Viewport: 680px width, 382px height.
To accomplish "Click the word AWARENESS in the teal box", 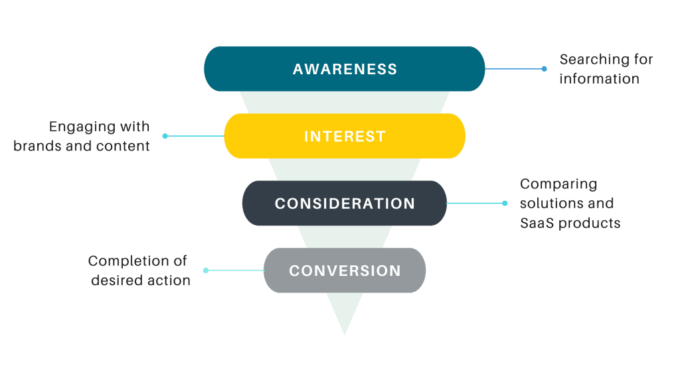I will pos(345,69).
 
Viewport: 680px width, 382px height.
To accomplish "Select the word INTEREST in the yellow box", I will pos(345,137).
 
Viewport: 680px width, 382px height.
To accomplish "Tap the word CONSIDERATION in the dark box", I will pos(345,204).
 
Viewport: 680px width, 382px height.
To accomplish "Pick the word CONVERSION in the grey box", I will pos(345,271).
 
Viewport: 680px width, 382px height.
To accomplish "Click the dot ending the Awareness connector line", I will pos(545,69).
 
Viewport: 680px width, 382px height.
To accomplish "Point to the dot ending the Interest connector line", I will pos(165,136).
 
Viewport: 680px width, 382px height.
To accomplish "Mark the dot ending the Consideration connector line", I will pos(505,203).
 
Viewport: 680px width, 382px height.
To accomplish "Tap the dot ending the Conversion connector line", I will pos(206,270).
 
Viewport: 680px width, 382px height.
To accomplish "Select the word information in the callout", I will pos(599,79).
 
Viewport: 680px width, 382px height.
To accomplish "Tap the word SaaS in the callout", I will pos(535,223).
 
